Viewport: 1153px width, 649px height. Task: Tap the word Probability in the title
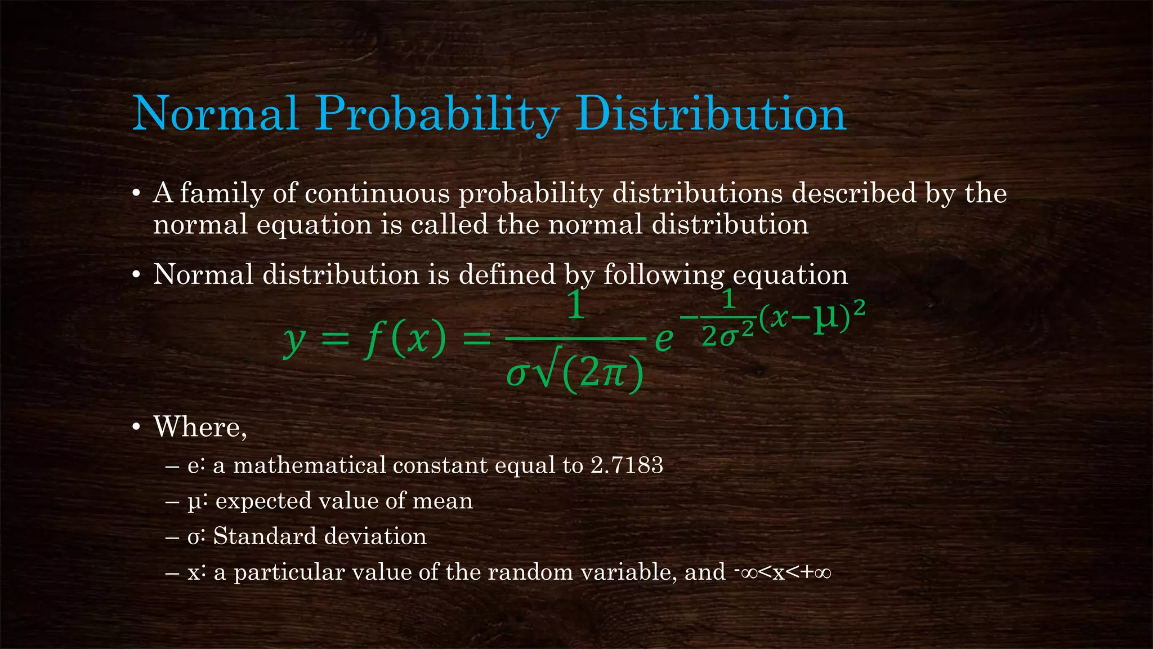[x=437, y=114]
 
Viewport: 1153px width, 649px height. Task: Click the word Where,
[x=200, y=426]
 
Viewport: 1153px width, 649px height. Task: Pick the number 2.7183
[x=627, y=465]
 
